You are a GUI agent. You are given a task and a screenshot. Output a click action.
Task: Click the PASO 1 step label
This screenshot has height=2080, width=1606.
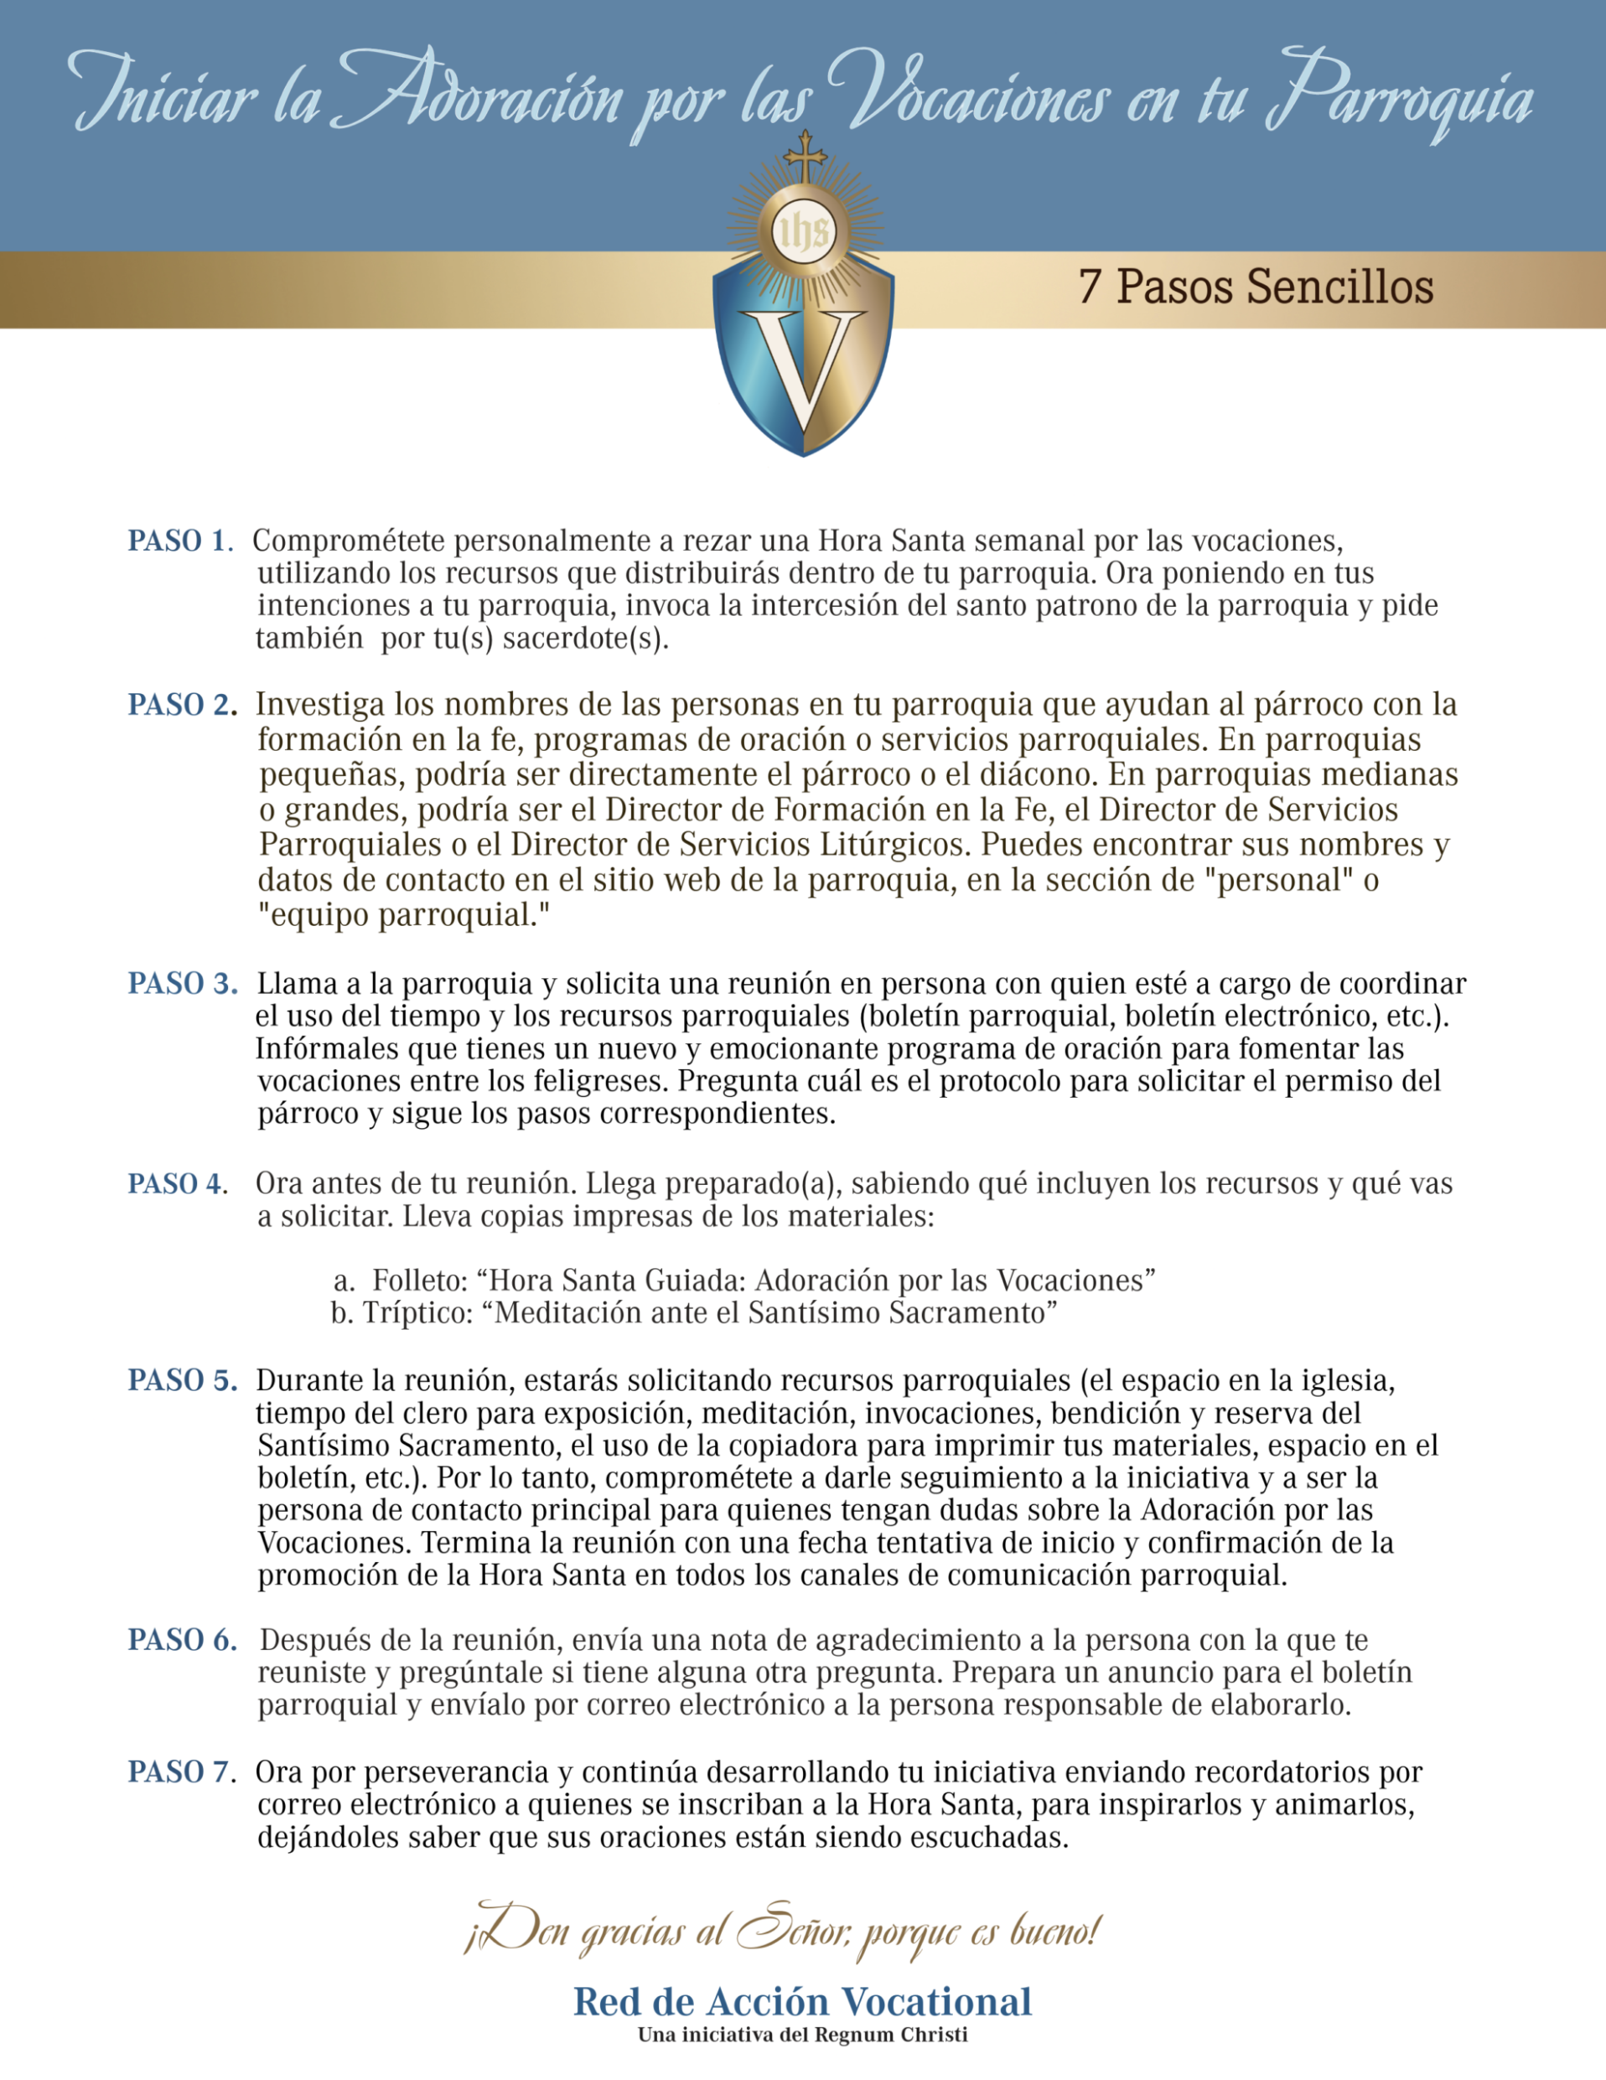(180, 541)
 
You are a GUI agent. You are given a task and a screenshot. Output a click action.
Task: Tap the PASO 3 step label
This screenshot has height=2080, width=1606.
(183, 984)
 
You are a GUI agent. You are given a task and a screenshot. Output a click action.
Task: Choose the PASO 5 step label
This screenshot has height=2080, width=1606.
(183, 1380)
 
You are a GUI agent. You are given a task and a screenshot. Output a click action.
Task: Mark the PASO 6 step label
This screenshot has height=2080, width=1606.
(183, 1640)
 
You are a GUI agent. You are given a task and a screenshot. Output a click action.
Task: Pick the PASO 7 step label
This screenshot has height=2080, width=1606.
(181, 1772)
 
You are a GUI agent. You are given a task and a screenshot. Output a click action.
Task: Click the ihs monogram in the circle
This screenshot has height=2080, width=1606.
(804, 231)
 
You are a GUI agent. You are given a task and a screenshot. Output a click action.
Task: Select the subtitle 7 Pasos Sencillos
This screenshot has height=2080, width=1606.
(1256, 287)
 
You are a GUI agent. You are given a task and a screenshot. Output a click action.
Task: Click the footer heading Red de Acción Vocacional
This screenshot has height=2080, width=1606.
(802, 2002)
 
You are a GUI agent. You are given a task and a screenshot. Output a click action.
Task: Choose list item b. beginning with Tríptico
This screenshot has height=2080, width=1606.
(693, 1313)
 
